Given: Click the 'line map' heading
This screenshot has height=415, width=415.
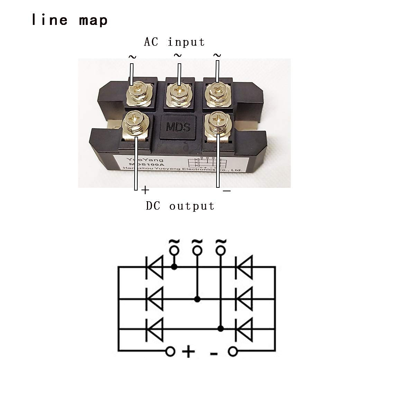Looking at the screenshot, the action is pos(70,20).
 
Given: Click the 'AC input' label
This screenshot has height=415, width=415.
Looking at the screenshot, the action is pos(174,42).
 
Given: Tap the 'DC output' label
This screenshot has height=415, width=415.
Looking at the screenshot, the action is pos(180,206).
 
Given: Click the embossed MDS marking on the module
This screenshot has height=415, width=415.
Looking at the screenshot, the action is pos(178,127).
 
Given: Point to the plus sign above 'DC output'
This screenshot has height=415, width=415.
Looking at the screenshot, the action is pos(146,190).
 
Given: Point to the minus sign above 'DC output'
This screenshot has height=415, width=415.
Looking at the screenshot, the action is pos(227,191).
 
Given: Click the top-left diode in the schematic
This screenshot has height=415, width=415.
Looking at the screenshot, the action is pos(154,267).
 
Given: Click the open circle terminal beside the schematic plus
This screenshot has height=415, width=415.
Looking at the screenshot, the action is pos(170,352).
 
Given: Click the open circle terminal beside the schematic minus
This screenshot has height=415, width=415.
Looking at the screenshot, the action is pos(233,352).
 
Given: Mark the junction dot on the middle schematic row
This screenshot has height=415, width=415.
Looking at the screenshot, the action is pos(197,299).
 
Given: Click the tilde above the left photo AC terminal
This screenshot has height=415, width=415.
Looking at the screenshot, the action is pos(132,57).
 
